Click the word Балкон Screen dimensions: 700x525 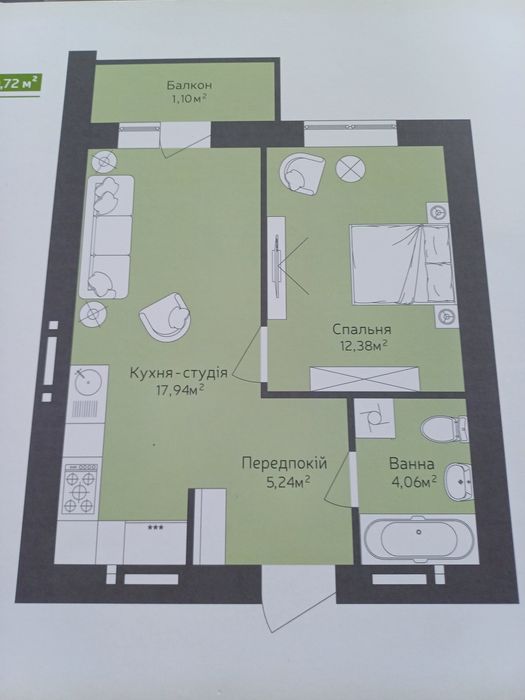[x=189, y=85]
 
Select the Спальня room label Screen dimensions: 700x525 [x=361, y=329]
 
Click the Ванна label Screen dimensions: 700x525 [x=412, y=464]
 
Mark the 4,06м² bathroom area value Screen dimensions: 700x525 [x=412, y=481]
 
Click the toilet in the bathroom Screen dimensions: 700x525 [x=440, y=427]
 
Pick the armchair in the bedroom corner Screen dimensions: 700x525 [x=299, y=173]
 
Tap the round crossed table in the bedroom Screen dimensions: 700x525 [x=351, y=169]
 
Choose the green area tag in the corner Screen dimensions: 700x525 [x=19, y=82]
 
